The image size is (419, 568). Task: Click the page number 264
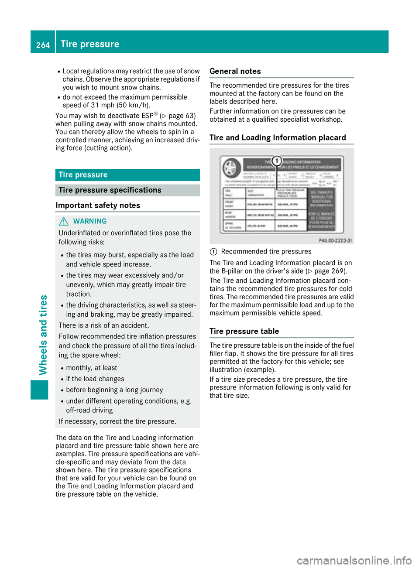[x=43, y=45]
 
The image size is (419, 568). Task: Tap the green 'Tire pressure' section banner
[x=127, y=175]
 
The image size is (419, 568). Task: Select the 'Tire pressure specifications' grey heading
[x=127, y=190]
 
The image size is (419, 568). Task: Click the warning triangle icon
[x=64, y=221]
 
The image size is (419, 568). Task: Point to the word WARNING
[x=90, y=221]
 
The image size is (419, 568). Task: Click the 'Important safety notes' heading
[x=98, y=205]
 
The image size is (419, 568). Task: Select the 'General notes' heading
[x=235, y=71]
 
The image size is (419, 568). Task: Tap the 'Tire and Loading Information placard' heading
[x=278, y=138]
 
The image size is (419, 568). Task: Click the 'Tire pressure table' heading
[x=244, y=331]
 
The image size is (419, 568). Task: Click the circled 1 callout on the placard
[x=276, y=161]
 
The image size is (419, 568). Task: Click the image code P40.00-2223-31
[x=335, y=240]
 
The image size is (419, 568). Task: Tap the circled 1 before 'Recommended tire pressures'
[x=213, y=252]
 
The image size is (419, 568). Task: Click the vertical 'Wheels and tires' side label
[x=43, y=335]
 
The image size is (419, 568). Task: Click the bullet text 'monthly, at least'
[x=92, y=368]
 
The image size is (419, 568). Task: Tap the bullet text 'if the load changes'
[x=95, y=379]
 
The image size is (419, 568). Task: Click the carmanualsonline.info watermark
[x=354, y=560]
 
